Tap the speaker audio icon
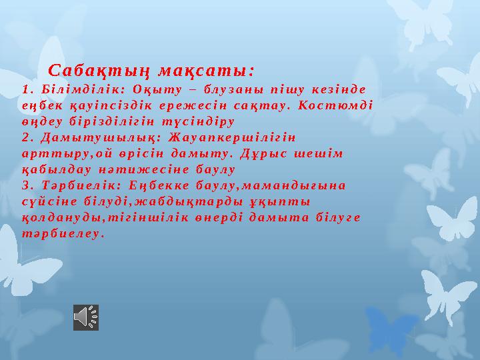(85, 317)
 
